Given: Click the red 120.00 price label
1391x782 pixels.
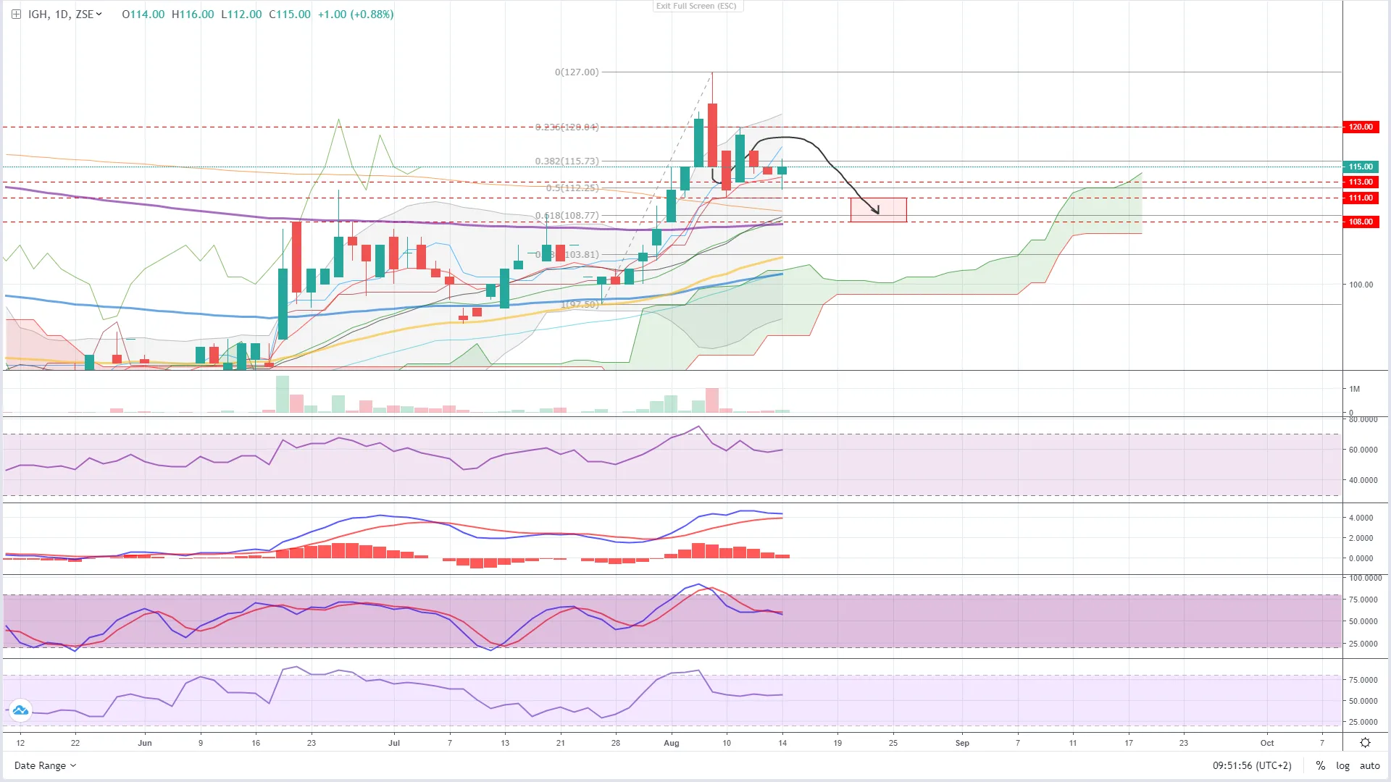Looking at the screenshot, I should click(1360, 127).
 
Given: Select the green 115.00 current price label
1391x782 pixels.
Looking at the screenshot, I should click(1360, 167).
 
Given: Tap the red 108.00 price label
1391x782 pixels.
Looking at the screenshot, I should click(1360, 222).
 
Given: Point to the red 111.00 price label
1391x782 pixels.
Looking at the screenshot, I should click(1360, 198).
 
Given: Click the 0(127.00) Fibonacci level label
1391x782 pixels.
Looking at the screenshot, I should click(577, 72).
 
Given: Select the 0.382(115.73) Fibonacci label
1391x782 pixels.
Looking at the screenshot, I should click(567, 161).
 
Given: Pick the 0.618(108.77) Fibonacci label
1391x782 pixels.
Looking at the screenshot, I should click(567, 216).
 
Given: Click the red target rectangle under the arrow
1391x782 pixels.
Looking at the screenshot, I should click(878, 210).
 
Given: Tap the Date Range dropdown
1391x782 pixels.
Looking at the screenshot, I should click(45, 765).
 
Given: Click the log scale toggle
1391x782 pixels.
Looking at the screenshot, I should click(1342, 765).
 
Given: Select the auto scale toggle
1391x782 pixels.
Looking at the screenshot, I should click(1369, 765).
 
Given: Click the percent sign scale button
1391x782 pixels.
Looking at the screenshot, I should click(1321, 765).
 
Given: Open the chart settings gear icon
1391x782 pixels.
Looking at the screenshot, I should click(1365, 743).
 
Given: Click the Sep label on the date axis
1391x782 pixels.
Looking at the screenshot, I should click(962, 743).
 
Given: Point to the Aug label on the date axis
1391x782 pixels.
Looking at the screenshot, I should click(672, 743).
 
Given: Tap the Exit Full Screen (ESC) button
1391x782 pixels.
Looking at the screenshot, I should click(696, 6).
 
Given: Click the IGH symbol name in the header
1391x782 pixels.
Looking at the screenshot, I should click(38, 14).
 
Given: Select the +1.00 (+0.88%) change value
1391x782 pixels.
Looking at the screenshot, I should click(356, 14).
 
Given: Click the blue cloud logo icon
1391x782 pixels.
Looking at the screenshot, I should click(20, 710).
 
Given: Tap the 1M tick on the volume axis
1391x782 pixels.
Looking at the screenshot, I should click(1354, 389).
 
